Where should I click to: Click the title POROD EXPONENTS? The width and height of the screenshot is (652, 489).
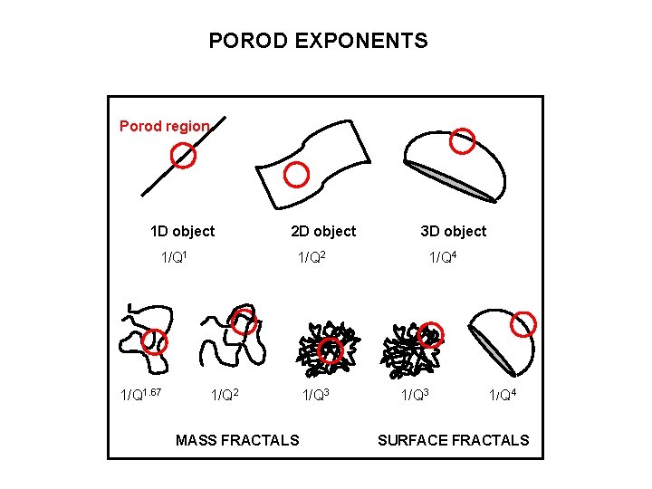coord(318,41)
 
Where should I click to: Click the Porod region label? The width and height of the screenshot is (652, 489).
coord(164,126)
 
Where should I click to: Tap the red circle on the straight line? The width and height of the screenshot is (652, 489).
coord(184,157)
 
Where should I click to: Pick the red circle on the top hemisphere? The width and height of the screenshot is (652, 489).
coord(463,139)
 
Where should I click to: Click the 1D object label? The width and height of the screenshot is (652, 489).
coord(182,231)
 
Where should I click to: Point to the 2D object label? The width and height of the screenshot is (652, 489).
coord(323,231)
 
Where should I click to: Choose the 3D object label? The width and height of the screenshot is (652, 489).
coord(453,231)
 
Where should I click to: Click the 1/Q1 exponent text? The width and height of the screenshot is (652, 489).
coord(174,258)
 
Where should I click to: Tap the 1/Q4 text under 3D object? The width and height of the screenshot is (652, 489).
coord(443,258)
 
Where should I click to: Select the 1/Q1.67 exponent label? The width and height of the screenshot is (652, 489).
coord(141,395)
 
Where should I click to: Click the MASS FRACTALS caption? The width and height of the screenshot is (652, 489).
coord(237,440)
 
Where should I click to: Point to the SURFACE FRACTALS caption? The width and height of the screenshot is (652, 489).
coord(453,440)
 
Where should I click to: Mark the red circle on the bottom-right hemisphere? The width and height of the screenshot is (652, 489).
coord(523,323)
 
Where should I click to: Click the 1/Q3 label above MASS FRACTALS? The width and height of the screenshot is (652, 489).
coord(315,395)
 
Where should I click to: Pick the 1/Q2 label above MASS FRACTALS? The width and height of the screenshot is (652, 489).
coord(226,395)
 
